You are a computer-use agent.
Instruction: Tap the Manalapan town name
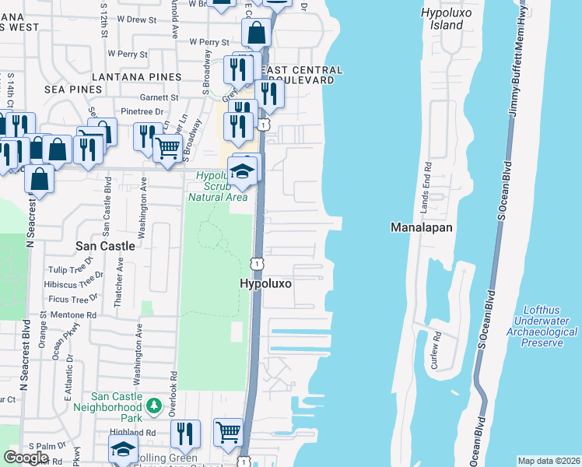pos(420,227)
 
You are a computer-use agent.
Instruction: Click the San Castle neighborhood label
pos(105,245)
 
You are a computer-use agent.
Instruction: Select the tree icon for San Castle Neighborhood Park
pos(154,406)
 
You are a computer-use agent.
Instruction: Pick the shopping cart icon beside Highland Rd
pos(227,432)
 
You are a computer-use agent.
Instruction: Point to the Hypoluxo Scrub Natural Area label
pos(218,187)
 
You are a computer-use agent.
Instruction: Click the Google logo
pos(26,458)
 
